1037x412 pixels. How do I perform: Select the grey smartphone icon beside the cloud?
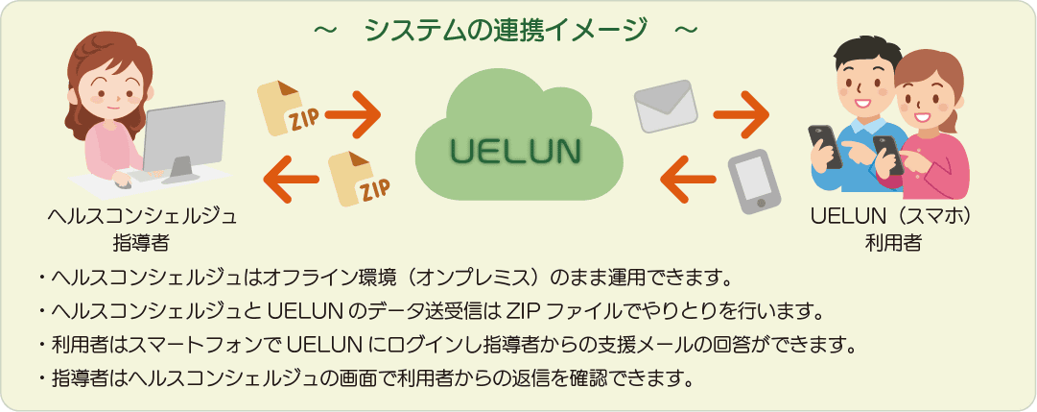click(754, 182)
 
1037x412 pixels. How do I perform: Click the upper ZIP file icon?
click(289, 109)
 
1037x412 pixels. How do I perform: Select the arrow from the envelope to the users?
click(742, 114)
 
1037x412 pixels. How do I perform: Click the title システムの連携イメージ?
click(506, 30)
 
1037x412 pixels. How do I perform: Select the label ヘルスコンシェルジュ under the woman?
click(142, 217)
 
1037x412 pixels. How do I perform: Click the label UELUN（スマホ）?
click(893, 217)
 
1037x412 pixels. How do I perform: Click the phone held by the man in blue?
click(825, 146)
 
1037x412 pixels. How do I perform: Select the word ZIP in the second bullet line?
click(520, 310)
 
